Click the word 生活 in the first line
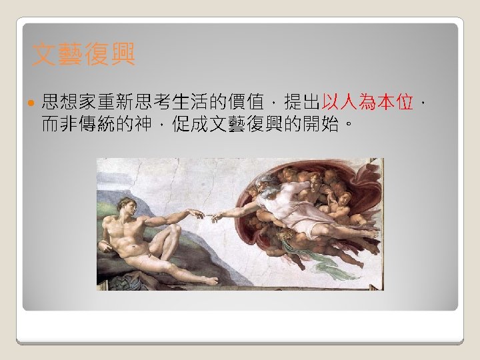[189, 103]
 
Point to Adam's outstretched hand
[195, 214]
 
